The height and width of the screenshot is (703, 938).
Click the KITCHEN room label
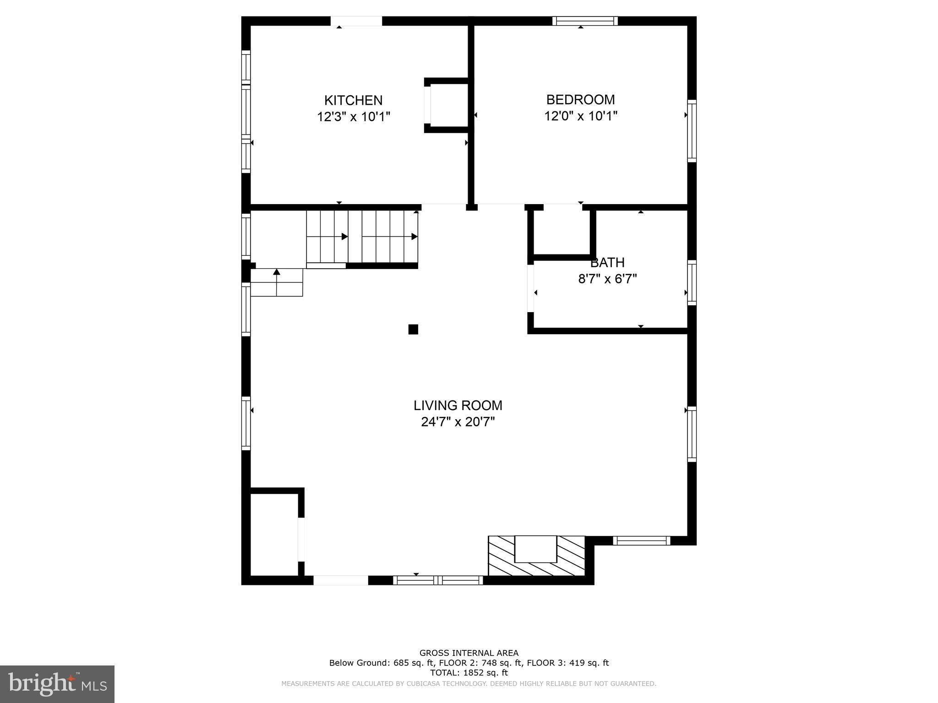[x=353, y=100]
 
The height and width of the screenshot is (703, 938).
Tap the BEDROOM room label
[x=580, y=99]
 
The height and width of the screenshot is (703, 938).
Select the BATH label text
[x=607, y=263]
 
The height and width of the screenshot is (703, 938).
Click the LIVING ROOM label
[x=458, y=406]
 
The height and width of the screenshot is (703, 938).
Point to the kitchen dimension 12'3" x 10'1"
[x=354, y=117]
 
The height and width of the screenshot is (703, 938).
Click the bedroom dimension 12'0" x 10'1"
[x=580, y=116]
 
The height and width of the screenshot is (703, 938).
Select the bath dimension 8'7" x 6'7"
[x=607, y=279]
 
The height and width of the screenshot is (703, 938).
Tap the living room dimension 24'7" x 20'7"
[x=458, y=422]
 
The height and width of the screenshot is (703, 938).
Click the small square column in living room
[x=413, y=329]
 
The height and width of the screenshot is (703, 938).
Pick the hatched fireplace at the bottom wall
[x=536, y=556]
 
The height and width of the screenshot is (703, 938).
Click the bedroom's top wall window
[x=585, y=21]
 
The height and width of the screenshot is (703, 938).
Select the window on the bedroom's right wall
[x=692, y=131]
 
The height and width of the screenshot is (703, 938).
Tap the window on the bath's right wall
[x=692, y=282]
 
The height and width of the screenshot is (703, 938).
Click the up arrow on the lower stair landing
[x=277, y=272]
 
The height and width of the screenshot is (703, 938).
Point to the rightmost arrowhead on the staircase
[x=414, y=237]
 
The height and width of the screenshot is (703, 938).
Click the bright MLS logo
[x=57, y=684]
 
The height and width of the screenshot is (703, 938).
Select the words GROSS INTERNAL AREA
[x=469, y=653]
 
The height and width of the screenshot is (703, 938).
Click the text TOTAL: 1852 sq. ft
[x=469, y=673]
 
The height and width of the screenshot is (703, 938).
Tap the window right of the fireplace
[x=641, y=541]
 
